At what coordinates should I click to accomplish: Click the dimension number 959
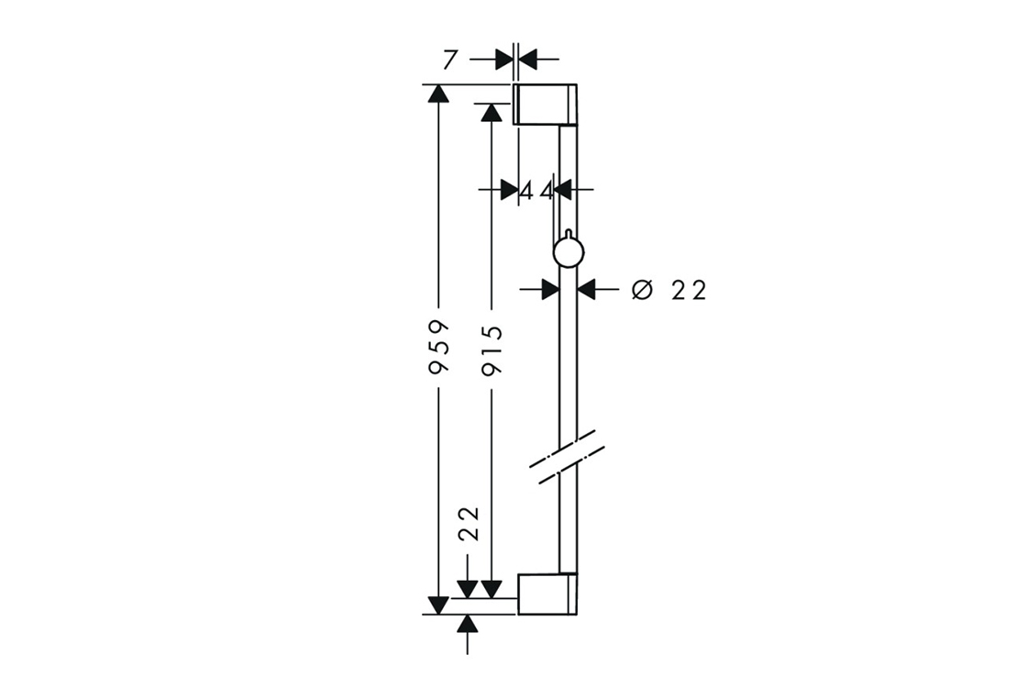click(438, 347)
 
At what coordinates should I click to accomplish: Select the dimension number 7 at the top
click(449, 60)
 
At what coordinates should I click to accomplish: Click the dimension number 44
click(536, 192)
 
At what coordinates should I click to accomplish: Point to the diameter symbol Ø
click(643, 289)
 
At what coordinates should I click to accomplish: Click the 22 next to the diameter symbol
click(690, 290)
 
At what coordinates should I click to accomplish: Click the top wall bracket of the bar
click(545, 105)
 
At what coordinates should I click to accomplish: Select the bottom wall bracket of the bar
click(547, 594)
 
